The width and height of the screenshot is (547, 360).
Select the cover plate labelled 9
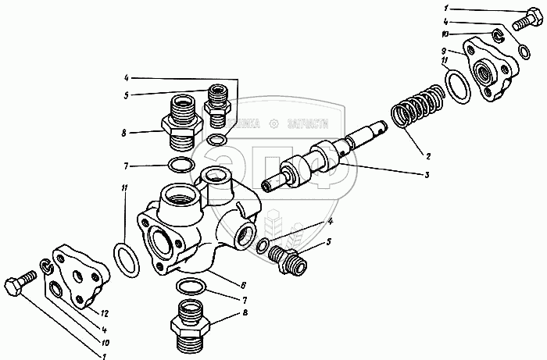click(488, 70)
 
